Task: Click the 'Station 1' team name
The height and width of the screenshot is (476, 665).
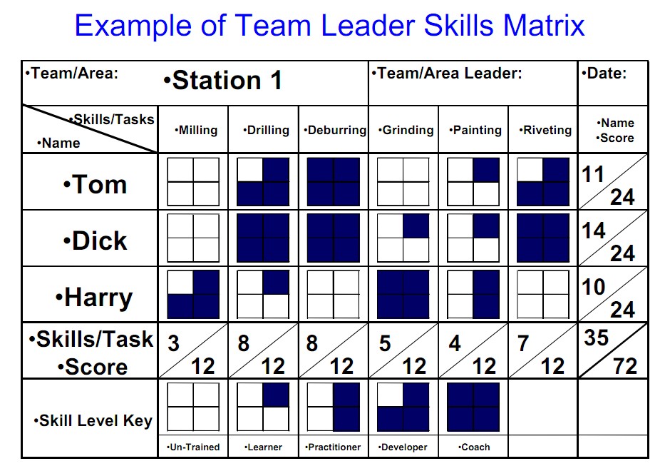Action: (x=226, y=81)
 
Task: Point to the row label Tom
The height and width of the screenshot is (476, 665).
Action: (x=94, y=185)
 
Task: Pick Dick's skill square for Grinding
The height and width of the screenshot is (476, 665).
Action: (x=403, y=238)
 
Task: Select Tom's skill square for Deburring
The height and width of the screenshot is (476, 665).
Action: (x=333, y=182)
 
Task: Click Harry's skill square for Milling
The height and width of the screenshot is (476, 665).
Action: (x=192, y=294)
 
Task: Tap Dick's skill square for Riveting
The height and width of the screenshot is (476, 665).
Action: (x=543, y=238)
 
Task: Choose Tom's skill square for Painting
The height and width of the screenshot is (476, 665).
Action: (x=473, y=182)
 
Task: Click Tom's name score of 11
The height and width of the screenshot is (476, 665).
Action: (x=594, y=173)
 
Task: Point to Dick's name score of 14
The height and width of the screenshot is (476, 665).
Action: (x=594, y=231)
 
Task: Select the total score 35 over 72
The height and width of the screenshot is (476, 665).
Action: (x=612, y=350)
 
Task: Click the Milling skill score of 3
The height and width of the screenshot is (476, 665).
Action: (x=173, y=343)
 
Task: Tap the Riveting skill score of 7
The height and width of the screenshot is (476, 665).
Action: (x=523, y=343)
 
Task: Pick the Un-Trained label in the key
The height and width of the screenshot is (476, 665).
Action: (x=194, y=447)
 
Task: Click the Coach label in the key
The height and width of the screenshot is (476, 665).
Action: (x=474, y=447)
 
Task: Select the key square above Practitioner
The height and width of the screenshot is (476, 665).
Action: (x=333, y=407)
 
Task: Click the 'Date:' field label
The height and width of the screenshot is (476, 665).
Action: (x=605, y=74)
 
